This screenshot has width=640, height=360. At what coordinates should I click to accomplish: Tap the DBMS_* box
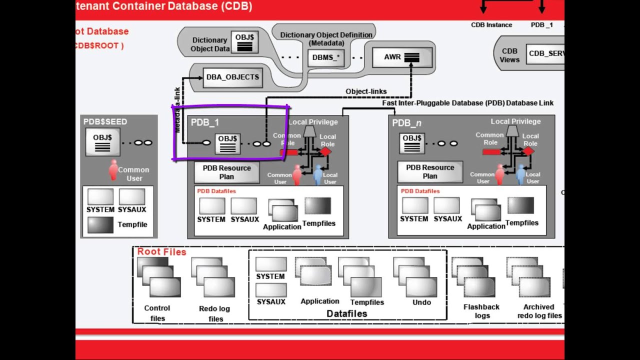click(325, 57)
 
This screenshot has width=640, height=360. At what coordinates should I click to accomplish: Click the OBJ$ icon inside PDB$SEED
click(102, 142)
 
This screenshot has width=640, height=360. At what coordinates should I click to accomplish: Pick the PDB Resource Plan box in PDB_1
click(226, 172)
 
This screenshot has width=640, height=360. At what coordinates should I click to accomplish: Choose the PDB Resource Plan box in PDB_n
click(430, 171)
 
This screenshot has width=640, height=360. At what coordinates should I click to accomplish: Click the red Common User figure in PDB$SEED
click(113, 169)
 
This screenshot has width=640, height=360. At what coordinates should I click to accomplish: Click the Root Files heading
click(161, 252)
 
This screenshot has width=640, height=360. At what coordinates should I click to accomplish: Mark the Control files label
click(157, 313)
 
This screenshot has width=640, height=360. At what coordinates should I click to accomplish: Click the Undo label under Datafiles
click(421, 302)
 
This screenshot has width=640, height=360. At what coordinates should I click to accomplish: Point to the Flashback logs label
click(482, 311)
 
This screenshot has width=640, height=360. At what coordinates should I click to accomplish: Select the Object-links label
click(366, 91)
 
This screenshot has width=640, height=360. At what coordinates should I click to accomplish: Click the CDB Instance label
click(491, 25)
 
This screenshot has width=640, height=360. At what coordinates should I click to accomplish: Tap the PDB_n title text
click(406, 123)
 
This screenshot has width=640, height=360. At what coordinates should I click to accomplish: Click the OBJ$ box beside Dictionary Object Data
click(244, 42)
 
